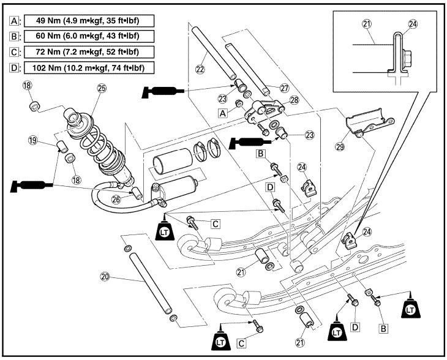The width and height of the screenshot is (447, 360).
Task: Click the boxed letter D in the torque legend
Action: point(14,67)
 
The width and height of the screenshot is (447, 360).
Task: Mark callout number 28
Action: point(293,100)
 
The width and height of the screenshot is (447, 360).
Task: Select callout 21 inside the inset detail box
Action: point(367,24)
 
